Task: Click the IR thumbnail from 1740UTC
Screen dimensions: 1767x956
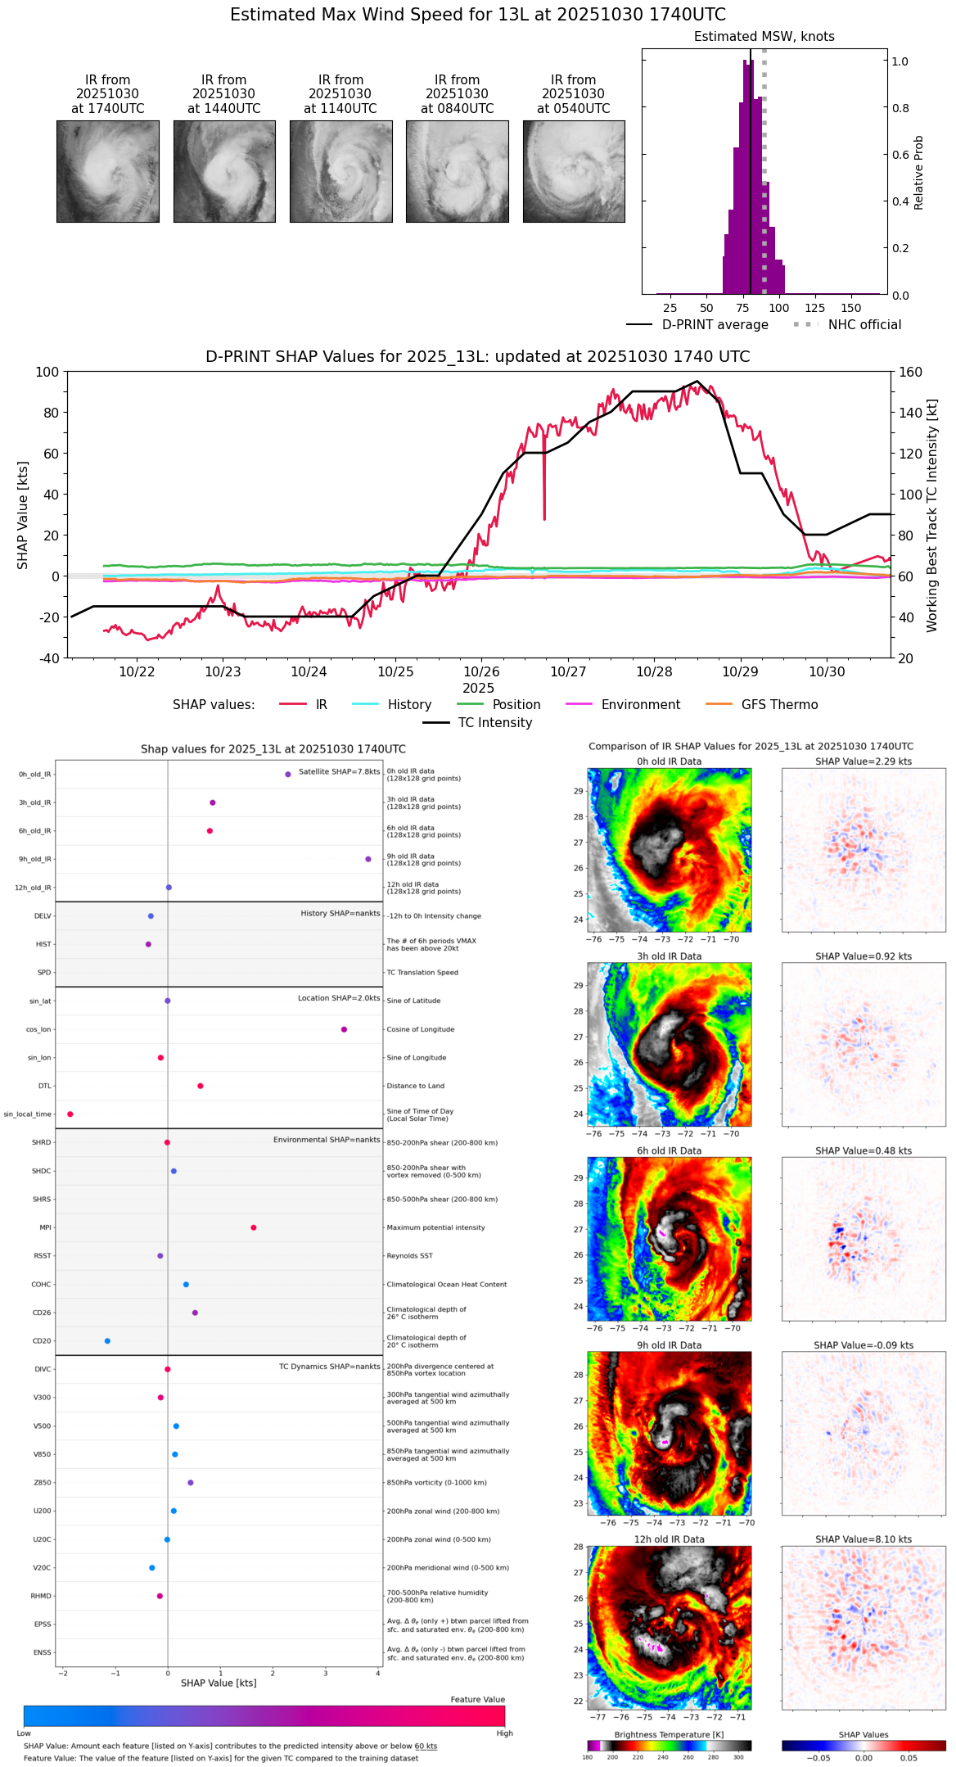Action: [108, 171]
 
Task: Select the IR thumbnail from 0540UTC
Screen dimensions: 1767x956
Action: [574, 171]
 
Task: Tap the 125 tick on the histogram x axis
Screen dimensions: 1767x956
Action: [815, 308]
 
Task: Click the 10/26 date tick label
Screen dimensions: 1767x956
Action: [481, 672]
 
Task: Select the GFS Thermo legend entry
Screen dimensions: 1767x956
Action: [779, 705]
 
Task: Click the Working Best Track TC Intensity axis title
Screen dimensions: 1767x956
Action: [932, 516]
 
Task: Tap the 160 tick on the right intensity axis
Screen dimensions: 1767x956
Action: [911, 373]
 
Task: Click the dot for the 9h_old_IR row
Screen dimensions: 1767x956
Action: [368, 859]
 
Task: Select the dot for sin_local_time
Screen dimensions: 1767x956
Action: [70, 1114]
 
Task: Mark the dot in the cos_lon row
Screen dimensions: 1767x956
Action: [344, 1029]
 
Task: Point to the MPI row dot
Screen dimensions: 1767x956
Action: [254, 1227]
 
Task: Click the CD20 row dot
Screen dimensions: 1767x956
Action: [107, 1341]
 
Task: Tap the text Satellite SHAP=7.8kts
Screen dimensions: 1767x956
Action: [339, 772]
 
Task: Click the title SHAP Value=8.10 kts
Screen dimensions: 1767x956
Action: [864, 1539]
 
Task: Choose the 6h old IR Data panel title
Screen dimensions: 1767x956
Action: [669, 1150]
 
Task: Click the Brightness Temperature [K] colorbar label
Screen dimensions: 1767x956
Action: [669, 1734]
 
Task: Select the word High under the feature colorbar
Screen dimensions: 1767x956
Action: [504, 1733]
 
